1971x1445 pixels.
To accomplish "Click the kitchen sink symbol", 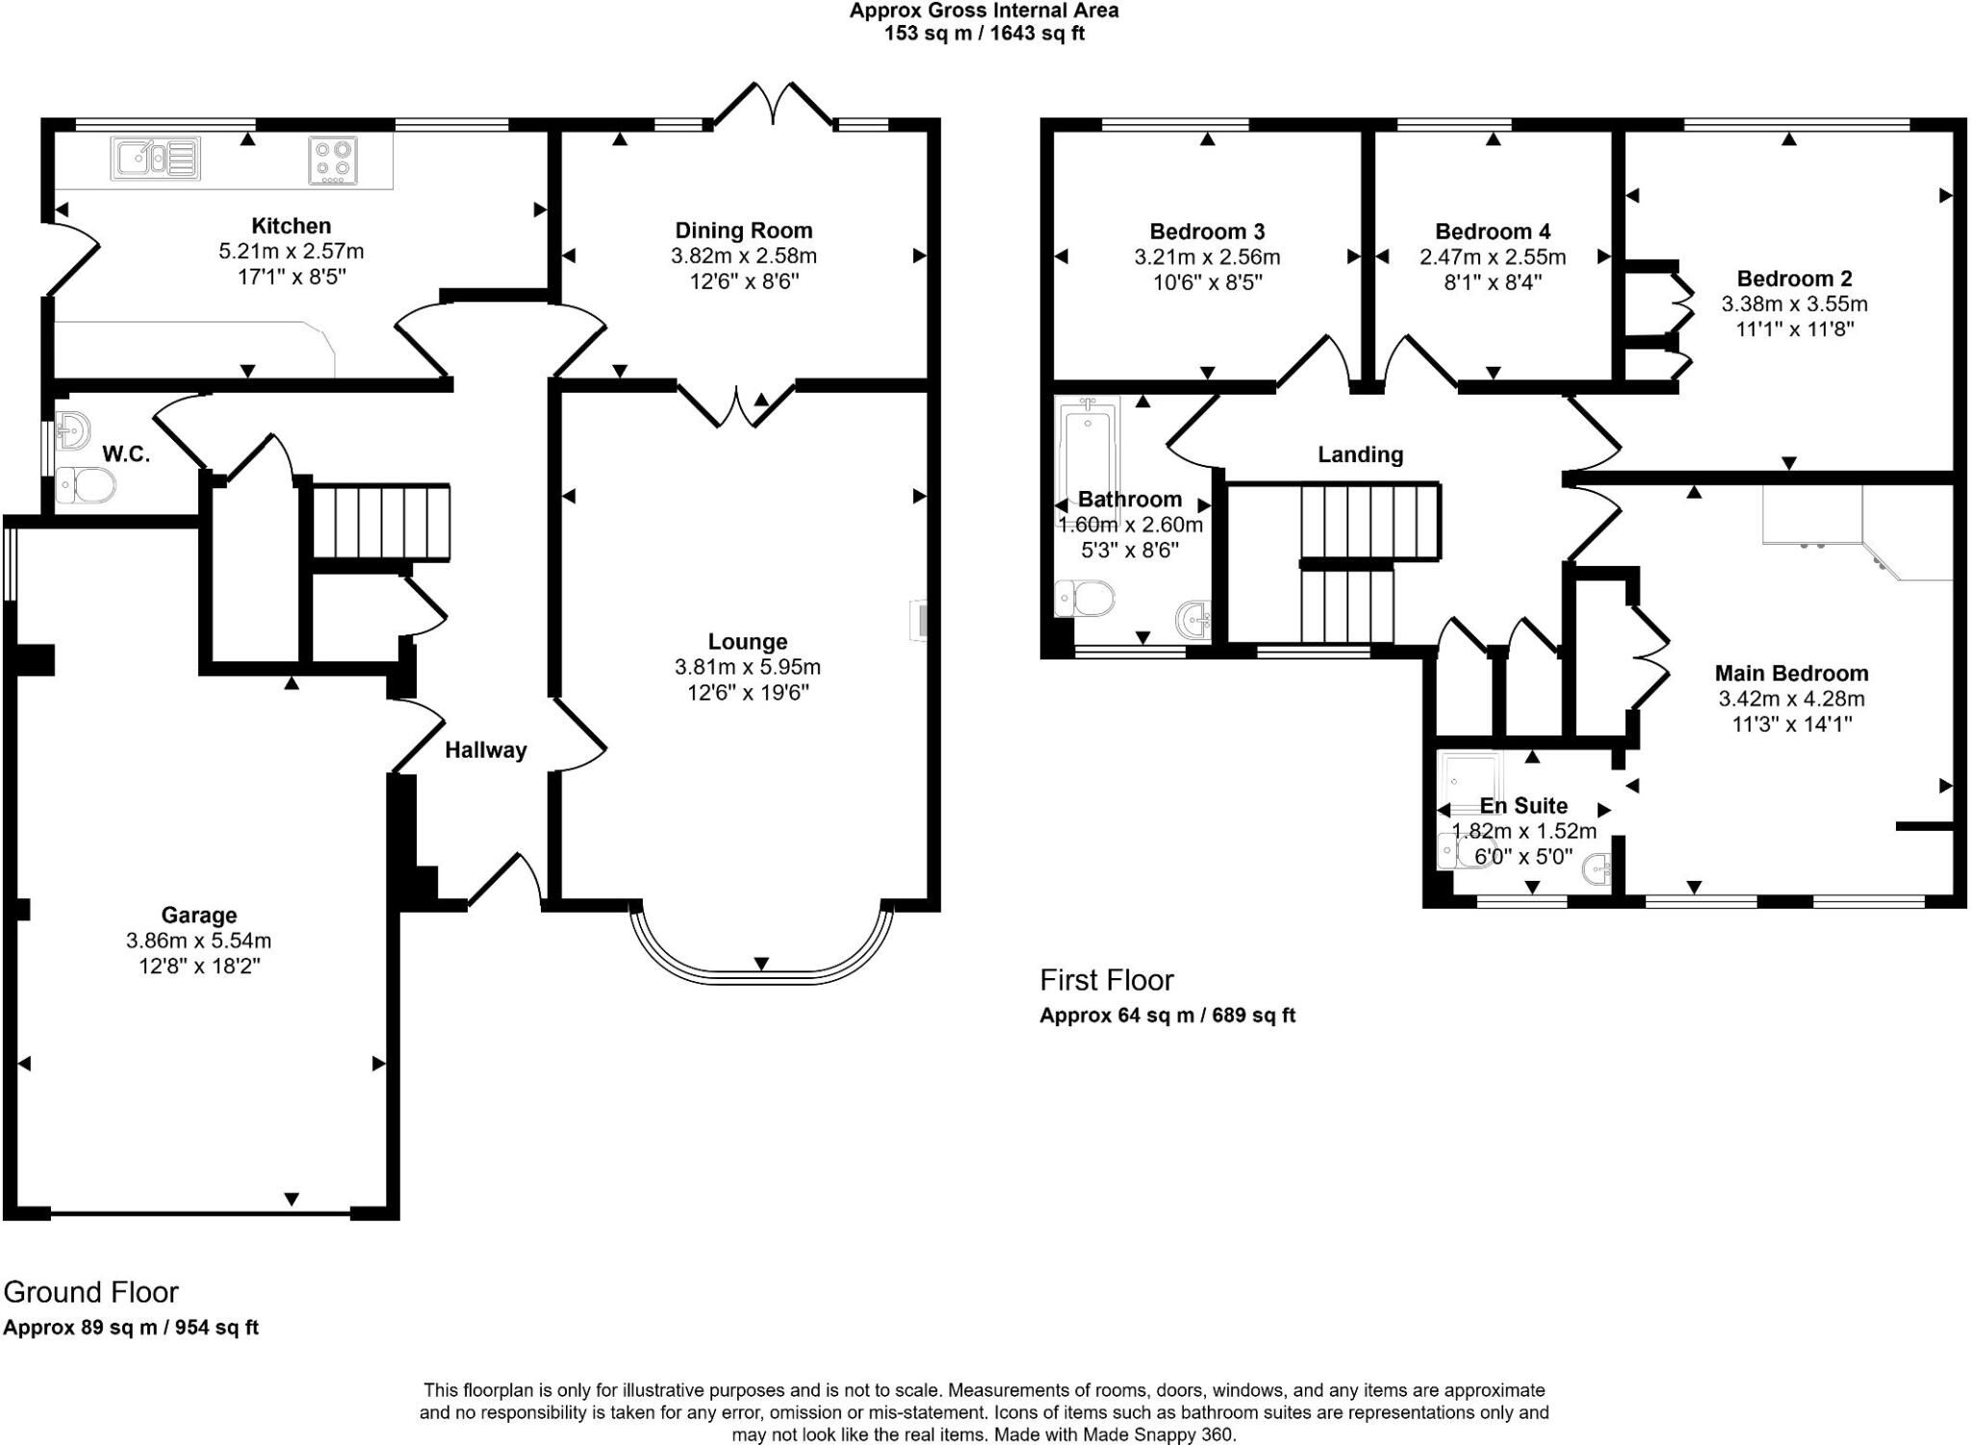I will (156, 159).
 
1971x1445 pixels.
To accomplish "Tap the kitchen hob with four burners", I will (333, 160).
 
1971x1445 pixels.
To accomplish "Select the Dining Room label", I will (743, 231).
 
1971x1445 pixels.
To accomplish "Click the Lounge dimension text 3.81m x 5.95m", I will (748, 667).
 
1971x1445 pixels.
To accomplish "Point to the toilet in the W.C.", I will (85, 485).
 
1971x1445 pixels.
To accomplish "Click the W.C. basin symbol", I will (72, 430).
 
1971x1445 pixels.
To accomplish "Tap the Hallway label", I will (485, 750).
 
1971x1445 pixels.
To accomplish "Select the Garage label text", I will (198, 916).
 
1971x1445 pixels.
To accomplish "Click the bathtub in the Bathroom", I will (1088, 448).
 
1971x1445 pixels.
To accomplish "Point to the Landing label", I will (1360, 454).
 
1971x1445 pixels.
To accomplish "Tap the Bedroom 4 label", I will (1492, 232).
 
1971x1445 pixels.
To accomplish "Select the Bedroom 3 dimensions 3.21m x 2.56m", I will (1207, 257).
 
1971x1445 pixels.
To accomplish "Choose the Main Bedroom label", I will (1791, 674).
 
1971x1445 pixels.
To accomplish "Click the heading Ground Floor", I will (91, 1292).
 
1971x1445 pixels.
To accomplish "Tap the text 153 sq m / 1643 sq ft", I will (984, 34).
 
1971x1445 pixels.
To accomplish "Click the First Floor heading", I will (1107, 980).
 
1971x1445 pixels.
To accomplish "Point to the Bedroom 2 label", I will (1794, 279).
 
